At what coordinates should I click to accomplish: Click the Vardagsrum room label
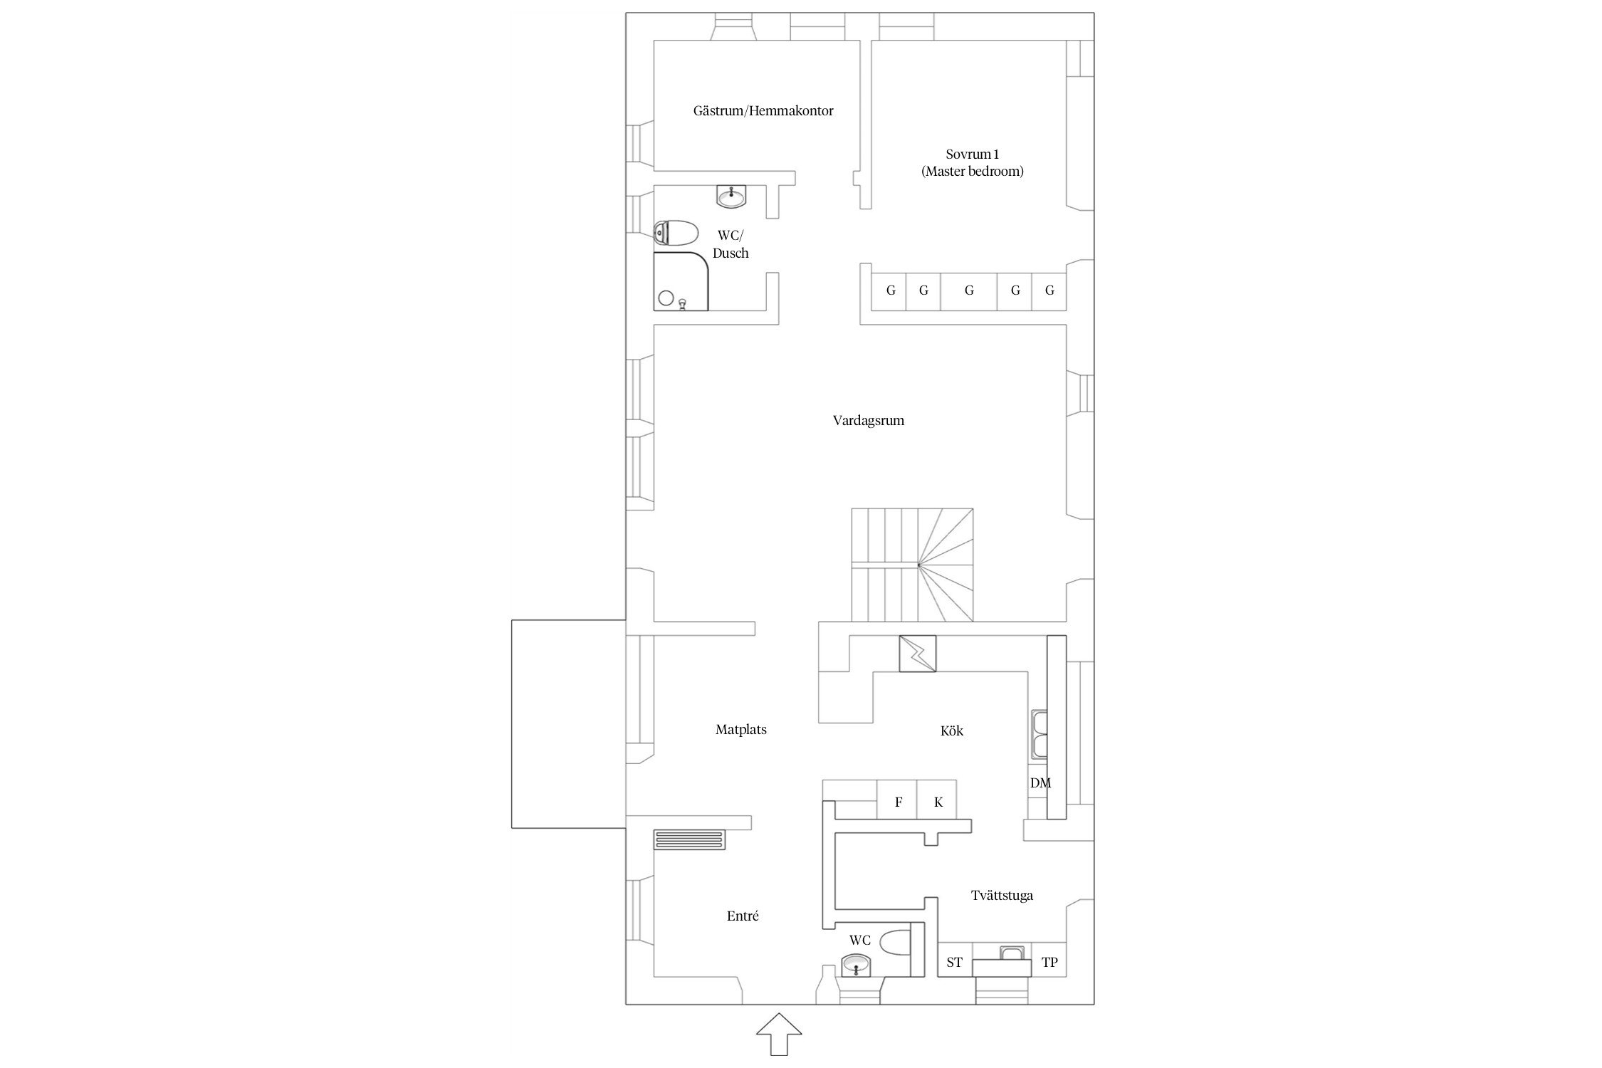click(869, 421)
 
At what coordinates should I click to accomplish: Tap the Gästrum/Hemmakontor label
click(763, 111)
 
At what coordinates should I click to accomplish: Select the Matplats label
click(741, 730)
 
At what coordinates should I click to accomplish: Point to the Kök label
click(952, 731)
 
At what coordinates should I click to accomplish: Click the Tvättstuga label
click(1002, 896)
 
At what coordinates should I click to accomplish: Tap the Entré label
click(743, 916)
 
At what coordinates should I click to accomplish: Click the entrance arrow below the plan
click(779, 1033)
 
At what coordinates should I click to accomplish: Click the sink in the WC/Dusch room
click(731, 196)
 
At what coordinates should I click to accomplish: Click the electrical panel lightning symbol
click(918, 654)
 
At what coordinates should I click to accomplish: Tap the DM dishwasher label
click(1040, 783)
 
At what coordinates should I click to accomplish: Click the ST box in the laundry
click(955, 963)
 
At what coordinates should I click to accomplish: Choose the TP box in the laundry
click(1049, 963)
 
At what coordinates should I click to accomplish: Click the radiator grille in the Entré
click(690, 839)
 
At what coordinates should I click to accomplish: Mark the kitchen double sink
click(1037, 734)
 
